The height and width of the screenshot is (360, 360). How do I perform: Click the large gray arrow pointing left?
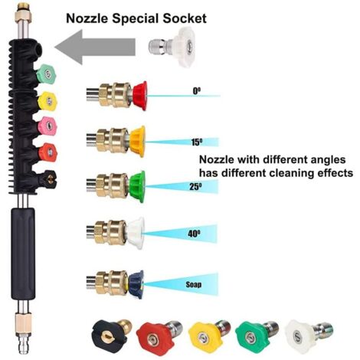pos(95,47)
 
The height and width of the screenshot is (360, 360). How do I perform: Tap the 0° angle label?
pos(196,91)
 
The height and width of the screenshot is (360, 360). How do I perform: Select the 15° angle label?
pos(197,142)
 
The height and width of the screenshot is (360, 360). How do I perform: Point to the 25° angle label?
pos(195,187)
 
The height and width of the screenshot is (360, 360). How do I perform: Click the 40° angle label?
pos(194,234)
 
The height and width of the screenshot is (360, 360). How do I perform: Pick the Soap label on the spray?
pos(194,284)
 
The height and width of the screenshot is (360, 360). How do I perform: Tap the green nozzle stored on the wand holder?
pos(46,74)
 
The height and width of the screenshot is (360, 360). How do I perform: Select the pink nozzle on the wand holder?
pos(47,126)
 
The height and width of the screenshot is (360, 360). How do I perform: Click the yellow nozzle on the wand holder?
pos(47,101)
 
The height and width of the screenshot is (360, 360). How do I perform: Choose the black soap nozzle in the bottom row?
pos(111,334)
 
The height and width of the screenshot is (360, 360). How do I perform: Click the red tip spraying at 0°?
pos(140,96)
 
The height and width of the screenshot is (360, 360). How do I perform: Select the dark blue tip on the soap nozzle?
pos(136,284)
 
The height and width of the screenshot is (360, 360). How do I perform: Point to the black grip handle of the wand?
pos(23,254)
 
